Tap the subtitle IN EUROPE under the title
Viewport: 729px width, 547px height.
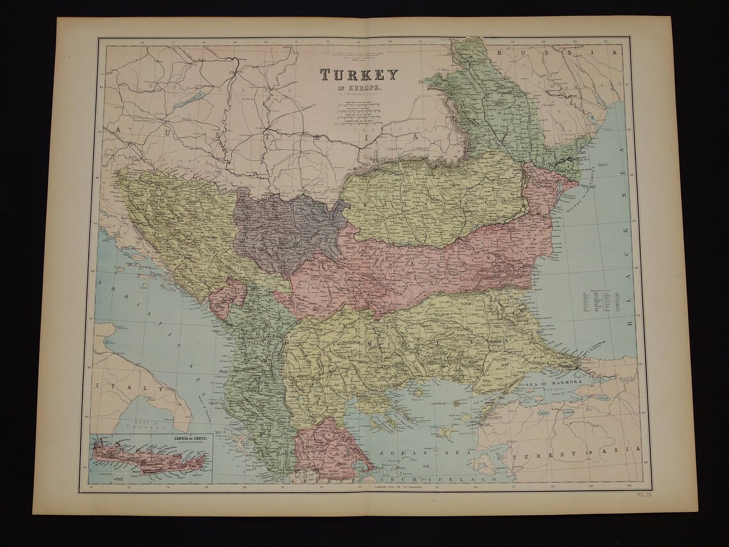pos(359,88)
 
